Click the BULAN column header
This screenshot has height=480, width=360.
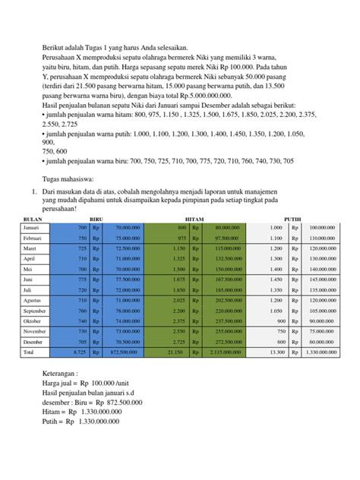click(x=36, y=217)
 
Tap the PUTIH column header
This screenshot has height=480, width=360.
click(x=292, y=217)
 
